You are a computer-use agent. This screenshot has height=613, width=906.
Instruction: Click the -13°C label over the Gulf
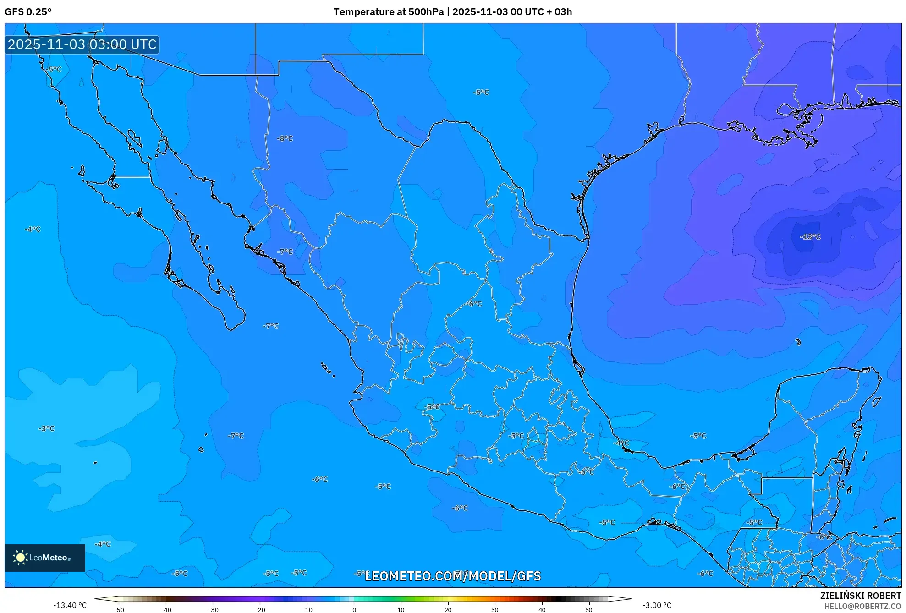[810, 237]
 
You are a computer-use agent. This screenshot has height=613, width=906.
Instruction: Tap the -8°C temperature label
[285, 138]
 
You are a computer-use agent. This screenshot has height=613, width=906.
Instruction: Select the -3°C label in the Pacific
[46, 429]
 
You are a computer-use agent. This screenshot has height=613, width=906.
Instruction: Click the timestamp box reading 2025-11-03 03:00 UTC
[82, 45]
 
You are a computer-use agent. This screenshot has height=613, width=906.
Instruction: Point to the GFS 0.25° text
[28, 12]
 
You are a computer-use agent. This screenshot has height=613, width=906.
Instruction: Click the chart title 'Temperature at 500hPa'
[388, 12]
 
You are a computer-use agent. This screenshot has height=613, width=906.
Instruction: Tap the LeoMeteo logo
[45, 558]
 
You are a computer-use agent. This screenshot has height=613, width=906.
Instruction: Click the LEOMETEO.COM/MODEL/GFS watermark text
[453, 576]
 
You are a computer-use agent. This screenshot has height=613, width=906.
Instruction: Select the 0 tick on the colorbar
[354, 610]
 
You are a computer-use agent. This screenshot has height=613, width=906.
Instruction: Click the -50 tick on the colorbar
[119, 610]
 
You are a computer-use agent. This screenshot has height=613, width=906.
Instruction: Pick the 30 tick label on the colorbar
[495, 610]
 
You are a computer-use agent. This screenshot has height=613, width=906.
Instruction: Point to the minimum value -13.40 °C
[70, 605]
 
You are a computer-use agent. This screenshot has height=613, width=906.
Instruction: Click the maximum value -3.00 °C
[657, 605]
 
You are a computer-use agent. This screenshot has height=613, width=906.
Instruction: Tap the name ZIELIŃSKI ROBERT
[860, 596]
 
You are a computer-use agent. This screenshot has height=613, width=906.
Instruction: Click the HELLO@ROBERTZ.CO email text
[862, 606]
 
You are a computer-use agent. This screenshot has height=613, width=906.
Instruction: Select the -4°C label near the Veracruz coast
[621, 443]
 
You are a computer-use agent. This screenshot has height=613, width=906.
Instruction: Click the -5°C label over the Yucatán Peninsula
[698, 436]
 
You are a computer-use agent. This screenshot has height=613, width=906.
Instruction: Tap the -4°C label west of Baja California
[33, 229]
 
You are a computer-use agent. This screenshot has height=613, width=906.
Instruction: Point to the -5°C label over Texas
[481, 93]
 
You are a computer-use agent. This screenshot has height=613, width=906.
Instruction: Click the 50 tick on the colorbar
[589, 610]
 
